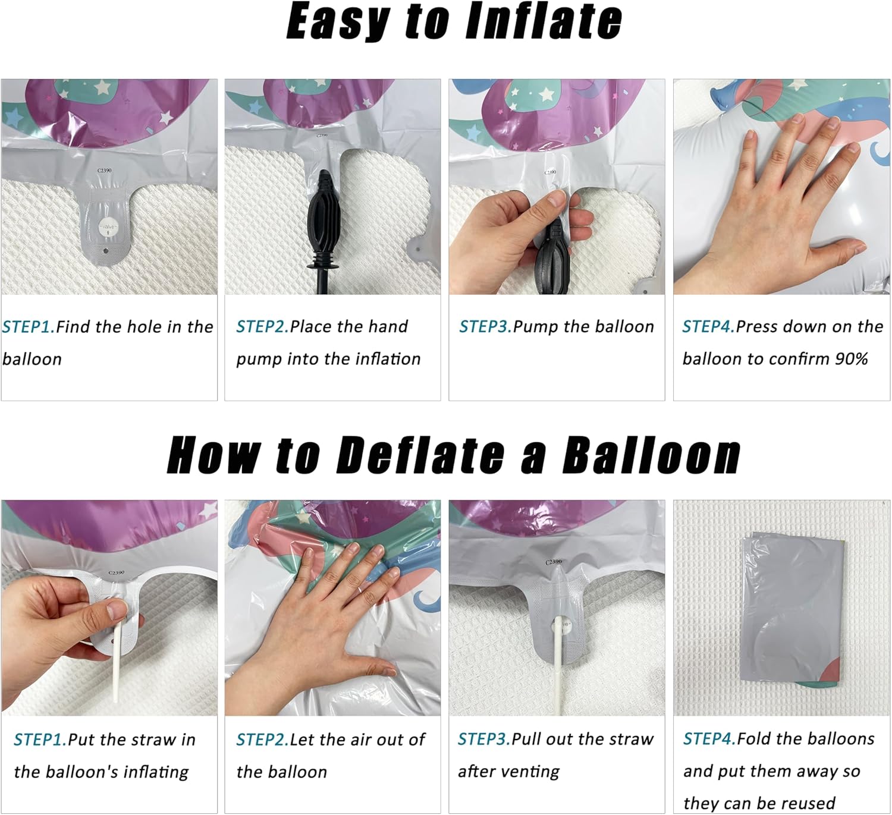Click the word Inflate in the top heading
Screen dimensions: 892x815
[x=543, y=21]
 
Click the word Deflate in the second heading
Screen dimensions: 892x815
[x=420, y=455]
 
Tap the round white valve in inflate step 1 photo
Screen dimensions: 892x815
[x=108, y=226]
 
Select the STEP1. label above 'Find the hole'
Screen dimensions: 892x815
[x=29, y=327]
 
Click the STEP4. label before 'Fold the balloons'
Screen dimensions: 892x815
[x=709, y=738]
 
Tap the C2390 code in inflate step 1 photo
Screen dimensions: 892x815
[x=105, y=170]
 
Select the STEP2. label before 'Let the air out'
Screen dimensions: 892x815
[x=262, y=740]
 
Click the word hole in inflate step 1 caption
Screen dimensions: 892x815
[x=145, y=327]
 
